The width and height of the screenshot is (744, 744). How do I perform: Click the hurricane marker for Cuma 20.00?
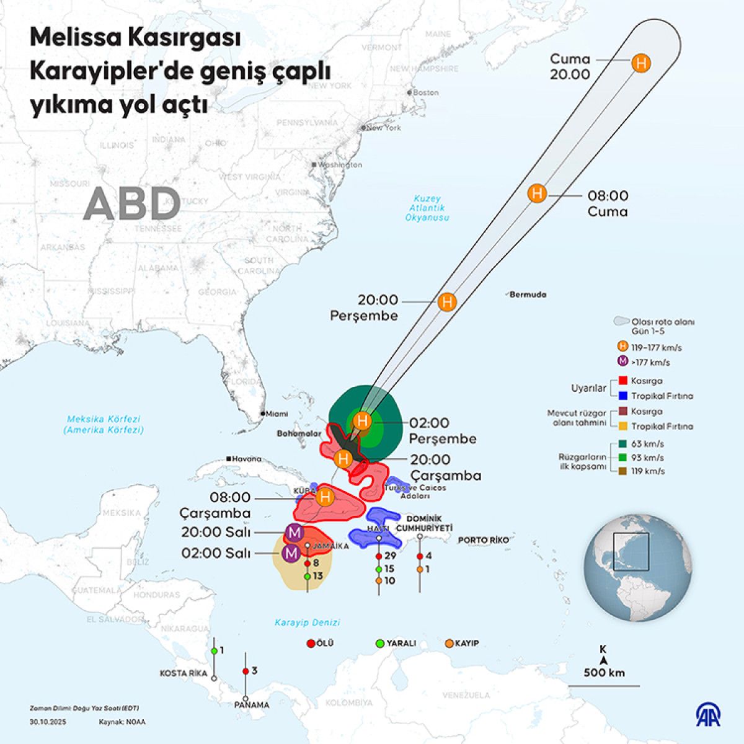[x=641, y=63]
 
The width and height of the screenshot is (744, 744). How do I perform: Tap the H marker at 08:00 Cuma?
[x=537, y=193]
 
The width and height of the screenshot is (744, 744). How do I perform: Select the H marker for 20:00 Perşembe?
[x=446, y=302]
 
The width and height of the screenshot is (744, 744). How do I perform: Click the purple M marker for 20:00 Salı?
[x=294, y=532]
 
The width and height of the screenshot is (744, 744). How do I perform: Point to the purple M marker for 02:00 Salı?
[x=290, y=553]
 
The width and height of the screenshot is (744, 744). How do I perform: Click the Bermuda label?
[x=528, y=294]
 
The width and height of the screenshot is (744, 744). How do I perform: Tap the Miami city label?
[x=277, y=414]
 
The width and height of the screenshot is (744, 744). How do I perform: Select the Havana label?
[x=247, y=459]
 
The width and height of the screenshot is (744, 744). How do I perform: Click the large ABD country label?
[x=131, y=203]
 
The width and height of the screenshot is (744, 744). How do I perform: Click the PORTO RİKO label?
[x=483, y=540]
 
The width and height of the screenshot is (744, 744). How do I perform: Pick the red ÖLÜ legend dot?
[x=311, y=644]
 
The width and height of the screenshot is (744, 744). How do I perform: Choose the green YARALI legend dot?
[x=380, y=644]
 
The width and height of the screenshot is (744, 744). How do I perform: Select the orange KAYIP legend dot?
[x=449, y=644]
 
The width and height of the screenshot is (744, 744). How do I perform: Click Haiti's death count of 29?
[x=389, y=556]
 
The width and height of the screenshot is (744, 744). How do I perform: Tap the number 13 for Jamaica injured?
[x=317, y=576]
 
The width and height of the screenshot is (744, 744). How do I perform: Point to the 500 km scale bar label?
[x=604, y=673]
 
